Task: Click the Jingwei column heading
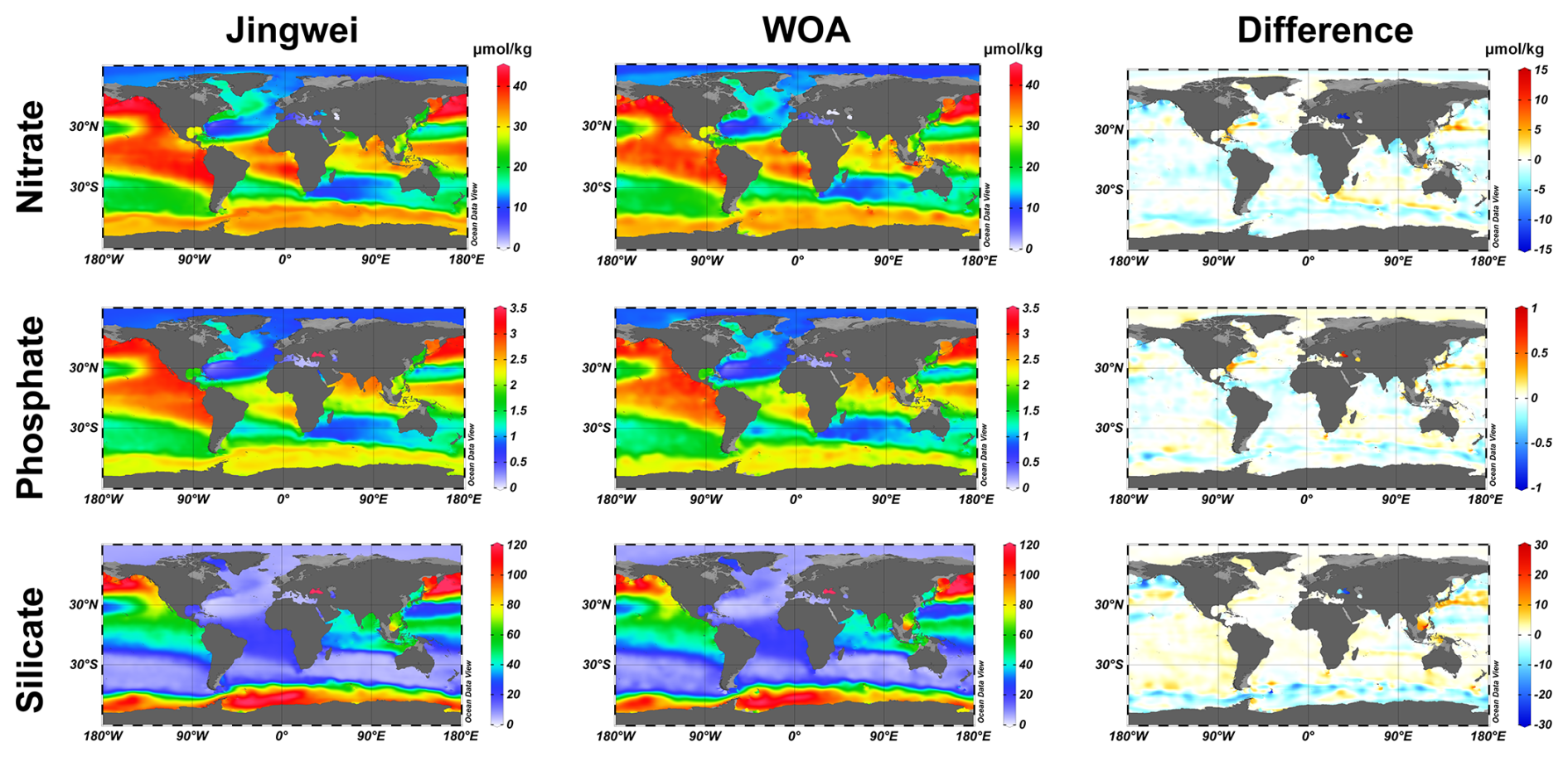[x=292, y=31]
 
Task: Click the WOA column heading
[x=806, y=31]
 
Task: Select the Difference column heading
[x=1324, y=31]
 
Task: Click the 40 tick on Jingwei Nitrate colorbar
[x=520, y=86]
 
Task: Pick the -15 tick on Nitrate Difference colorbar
[x=1541, y=250]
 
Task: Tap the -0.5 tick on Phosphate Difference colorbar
[x=1541, y=443]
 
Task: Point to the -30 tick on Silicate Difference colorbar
[x=1541, y=725]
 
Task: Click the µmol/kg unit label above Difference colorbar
[x=1514, y=49]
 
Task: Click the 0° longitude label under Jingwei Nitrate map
[x=284, y=260]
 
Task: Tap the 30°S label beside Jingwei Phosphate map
[x=84, y=428]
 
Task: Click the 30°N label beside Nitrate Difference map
[x=1109, y=130]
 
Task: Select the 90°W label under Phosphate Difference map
[x=1217, y=500]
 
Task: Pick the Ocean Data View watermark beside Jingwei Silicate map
[x=467, y=691]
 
